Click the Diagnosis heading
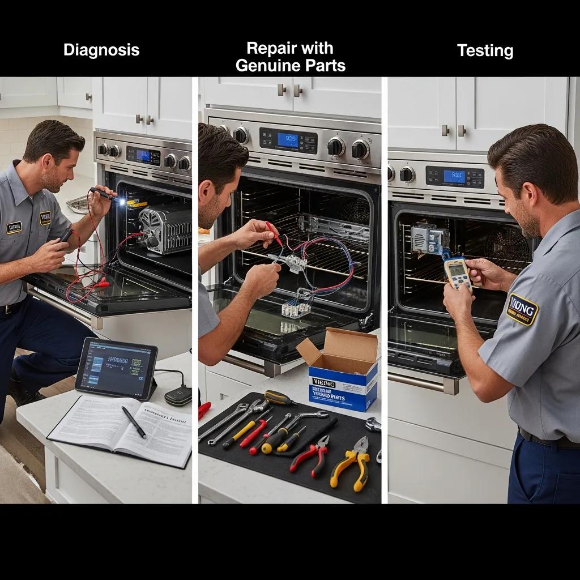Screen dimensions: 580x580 click(x=101, y=50)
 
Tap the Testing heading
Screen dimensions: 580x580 click(x=485, y=51)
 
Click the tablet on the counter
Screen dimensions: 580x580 click(x=116, y=368)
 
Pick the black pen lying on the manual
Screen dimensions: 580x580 click(x=133, y=421)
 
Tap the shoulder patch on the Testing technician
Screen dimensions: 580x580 click(x=522, y=310)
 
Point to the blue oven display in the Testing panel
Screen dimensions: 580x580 click(x=454, y=176)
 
